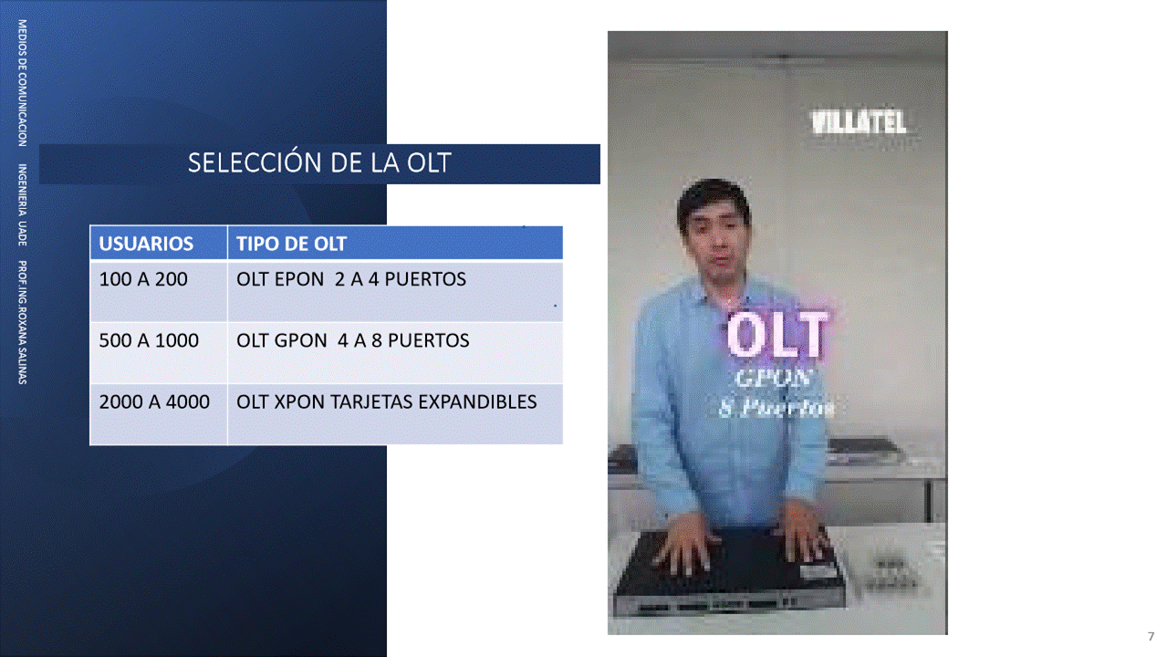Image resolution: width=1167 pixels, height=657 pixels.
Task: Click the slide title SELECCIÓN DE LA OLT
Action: coord(319,162)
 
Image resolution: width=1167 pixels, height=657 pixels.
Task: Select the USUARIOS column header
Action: coord(159,243)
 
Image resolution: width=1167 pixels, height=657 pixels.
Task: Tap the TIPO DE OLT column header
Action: coord(395,243)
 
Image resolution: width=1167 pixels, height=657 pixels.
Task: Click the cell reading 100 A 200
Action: coord(159,291)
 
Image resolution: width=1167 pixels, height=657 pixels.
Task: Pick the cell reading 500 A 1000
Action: coord(159,353)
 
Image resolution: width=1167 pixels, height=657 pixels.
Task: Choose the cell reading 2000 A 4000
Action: coord(159,414)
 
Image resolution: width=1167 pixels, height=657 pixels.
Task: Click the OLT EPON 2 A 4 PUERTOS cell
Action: coord(395,291)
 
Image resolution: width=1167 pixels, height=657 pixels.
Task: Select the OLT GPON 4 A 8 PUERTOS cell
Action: coord(395,353)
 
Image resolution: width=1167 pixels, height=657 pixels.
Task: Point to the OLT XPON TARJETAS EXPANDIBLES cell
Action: coord(395,414)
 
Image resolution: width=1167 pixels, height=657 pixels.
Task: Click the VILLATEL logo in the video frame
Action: coord(859,122)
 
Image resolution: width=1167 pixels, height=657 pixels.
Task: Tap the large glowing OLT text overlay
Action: coord(776,335)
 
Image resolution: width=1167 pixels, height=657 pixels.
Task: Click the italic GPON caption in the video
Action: coord(774,378)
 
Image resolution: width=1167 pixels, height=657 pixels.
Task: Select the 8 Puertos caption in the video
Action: coord(776,409)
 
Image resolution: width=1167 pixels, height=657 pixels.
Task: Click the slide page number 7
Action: coord(1151,636)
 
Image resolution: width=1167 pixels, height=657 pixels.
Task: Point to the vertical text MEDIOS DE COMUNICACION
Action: coord(23,83)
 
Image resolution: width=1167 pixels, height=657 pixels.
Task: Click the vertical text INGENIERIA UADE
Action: coord(23,204)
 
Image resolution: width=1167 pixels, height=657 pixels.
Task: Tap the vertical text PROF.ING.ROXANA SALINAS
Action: coord(23,322)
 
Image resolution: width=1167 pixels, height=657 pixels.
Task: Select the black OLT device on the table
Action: coord(729,570)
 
